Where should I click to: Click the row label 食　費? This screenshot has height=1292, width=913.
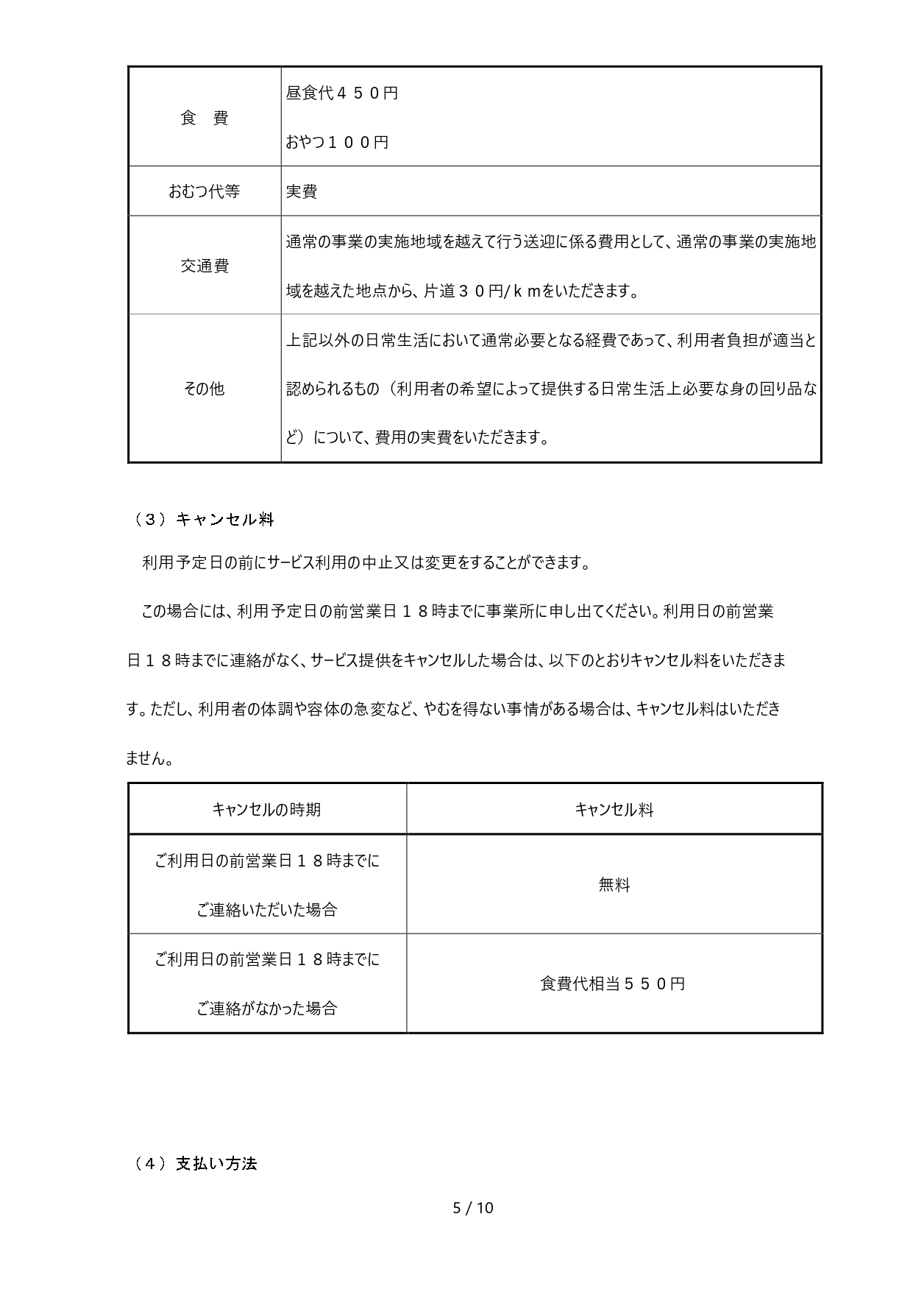click(205, 118)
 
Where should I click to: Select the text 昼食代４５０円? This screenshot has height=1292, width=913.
click(342, 93)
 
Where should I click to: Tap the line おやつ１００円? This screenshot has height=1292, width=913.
click(337, 142)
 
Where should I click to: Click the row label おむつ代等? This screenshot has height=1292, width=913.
click(205, 191)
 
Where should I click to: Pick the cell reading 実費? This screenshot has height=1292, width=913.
click(302, 191)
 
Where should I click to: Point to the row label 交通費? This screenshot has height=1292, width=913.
click(205, 266)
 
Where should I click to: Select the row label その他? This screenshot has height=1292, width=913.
click(205, 389)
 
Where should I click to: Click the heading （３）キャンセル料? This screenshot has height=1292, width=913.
click(204, 520)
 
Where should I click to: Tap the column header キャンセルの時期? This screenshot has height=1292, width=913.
click(267, 810)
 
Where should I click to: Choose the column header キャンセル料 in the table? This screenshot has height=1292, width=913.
click(614, 810)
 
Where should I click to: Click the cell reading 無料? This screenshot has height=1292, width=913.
click(614, 885)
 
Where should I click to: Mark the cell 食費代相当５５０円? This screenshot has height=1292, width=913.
click(613, 984)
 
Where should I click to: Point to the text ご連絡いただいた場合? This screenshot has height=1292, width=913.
click(267, 910)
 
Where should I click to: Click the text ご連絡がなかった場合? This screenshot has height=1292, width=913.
click(267, 1009)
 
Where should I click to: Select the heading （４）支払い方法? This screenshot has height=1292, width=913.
click(196, 1164)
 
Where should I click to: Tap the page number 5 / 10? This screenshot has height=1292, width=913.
click(473, 1207)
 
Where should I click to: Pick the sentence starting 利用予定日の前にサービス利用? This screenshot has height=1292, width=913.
click(366, 563)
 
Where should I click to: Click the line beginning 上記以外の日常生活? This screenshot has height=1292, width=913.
click(551, 340)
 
